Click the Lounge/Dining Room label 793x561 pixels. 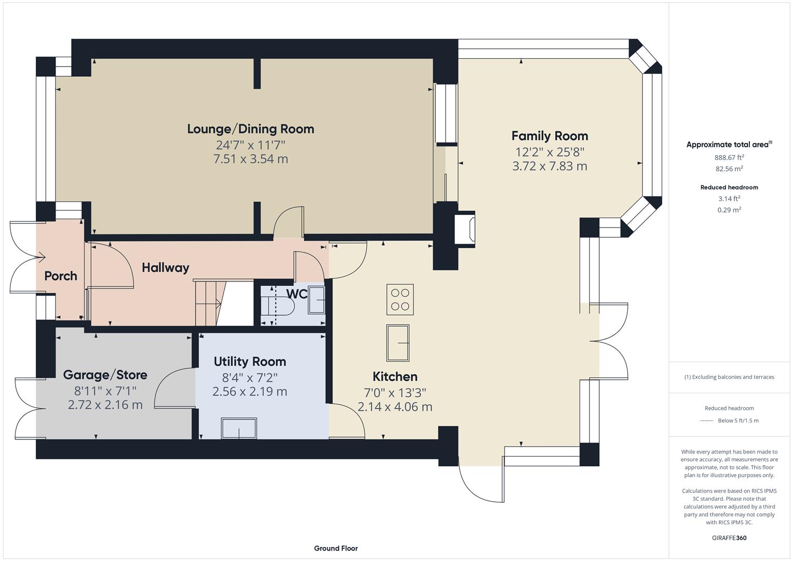coord(250,129)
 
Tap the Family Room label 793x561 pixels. coord(549,136)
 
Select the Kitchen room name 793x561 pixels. coord(395,377)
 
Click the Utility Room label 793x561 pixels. coord(250,362)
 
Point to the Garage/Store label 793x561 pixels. coord(105,375)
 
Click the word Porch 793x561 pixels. coord(61,276)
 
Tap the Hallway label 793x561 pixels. coord(165,268)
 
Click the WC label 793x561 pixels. coord(297,294)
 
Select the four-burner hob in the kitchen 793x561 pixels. coord(400,299)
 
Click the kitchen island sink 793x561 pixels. coord(398,343)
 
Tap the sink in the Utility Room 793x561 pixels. coord(239,428)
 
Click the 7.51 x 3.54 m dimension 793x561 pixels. coord(250,159)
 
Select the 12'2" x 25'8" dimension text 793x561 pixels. coord(549,152)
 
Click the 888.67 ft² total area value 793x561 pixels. coord(729,157)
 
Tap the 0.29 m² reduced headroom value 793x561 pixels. coord(729,210)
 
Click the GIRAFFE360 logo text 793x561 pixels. coord(729,538)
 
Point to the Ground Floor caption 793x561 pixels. coord(335,548)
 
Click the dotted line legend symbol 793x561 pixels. coord(707,421)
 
